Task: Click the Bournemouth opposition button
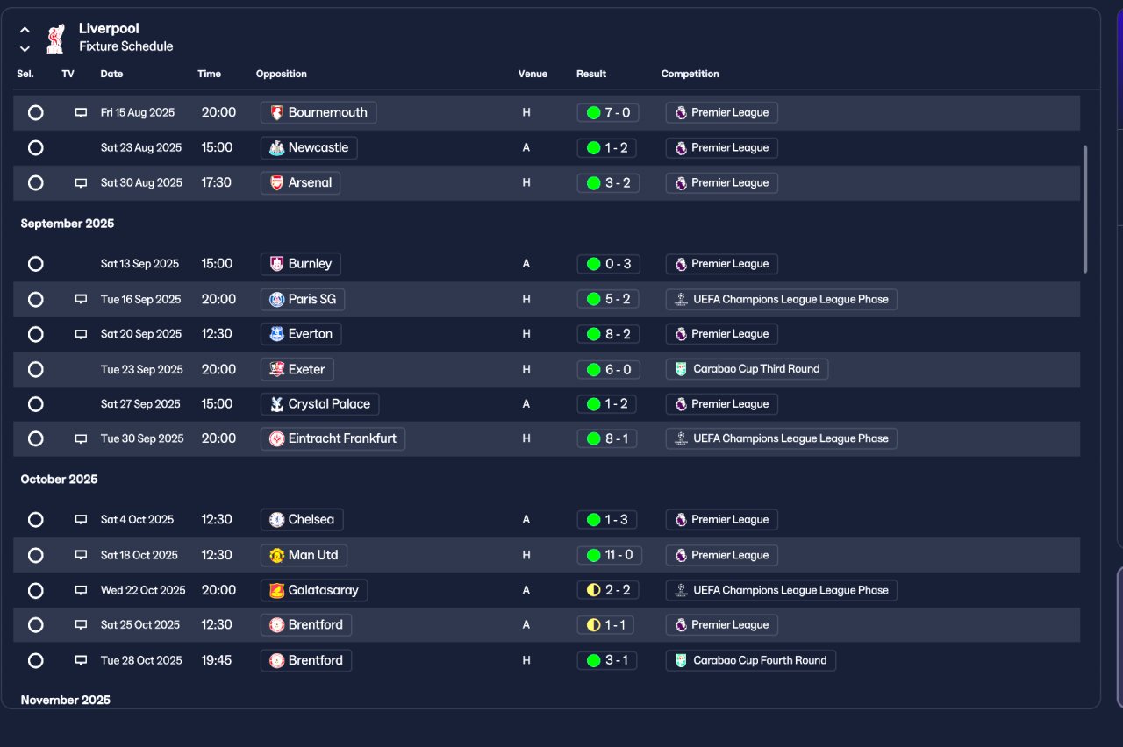[x=318, y=112]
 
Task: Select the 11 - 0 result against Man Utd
[x=609, y=555]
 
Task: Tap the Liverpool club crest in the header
[x=55, y=39]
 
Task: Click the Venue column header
[x=533, y=74]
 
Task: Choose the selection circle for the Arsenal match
[x=36, y=183]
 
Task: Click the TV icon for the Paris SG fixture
[x=81, y=299]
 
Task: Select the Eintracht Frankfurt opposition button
[x=333, y=438]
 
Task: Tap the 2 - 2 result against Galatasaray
[x=608, y=590]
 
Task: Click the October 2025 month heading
[x=59, y=480]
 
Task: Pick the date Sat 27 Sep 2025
[x=140, y=404]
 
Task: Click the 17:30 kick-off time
[x=217, y=182]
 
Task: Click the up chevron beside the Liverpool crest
[x=25, y=30]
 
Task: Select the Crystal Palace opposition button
[x=320, y=404]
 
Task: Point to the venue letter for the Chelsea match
[x=526, y=520]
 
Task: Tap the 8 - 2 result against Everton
[x=608, y=334]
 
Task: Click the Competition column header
[x=690, y=74]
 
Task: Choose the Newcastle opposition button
[x=309, y=148]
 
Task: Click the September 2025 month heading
[x=68, y=224]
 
